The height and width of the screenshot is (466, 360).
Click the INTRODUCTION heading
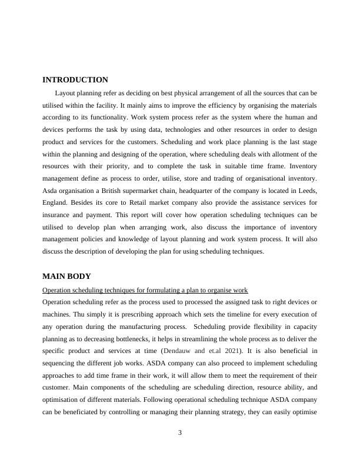[x=75, y=80]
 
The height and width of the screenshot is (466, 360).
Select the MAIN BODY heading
[x=66, y=277]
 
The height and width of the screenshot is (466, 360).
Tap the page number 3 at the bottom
[x=180, y=433]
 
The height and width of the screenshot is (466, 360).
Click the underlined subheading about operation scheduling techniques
[x=145, y=290]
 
